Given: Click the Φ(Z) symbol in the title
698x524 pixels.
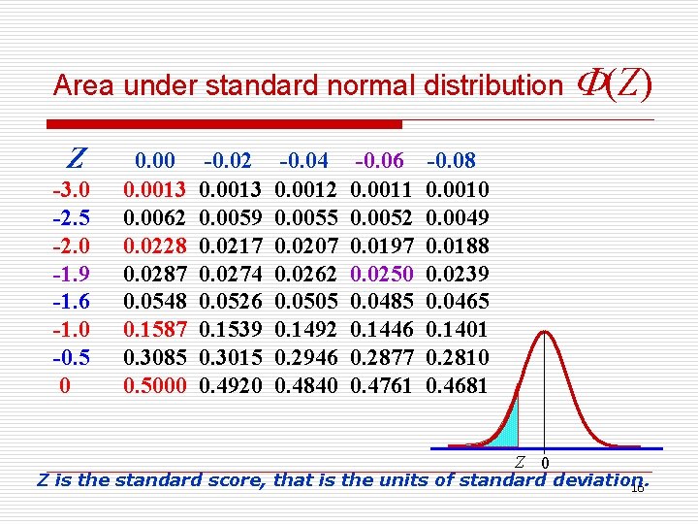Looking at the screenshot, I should (x=614, y=84).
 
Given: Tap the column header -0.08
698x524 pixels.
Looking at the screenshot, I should (x=452, y=160).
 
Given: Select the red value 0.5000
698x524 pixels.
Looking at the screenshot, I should (x=155, y=385).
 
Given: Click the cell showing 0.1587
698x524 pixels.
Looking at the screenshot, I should (x=155, y=329).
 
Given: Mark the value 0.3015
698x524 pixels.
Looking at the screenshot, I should (x=229, y=357).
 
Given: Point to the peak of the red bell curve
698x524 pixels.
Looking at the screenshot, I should (x=546, y=333).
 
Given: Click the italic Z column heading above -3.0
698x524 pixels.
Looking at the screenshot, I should (x=76, y=158).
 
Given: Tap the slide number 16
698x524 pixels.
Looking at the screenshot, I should (x=637, y=488).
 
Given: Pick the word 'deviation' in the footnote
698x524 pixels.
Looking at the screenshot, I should (x=592, y=478).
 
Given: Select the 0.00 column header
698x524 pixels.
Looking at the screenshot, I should (x=155, y=160).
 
